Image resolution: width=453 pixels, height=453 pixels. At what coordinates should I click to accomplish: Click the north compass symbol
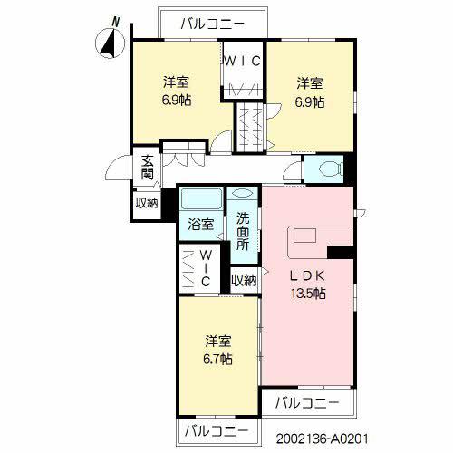110,43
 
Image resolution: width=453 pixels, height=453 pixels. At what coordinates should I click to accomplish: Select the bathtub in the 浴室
201,198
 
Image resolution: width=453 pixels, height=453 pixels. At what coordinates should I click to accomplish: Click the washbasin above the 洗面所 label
243,193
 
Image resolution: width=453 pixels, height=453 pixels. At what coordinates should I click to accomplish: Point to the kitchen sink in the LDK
304,236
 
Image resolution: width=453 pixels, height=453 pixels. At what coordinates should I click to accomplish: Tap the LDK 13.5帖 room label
308,284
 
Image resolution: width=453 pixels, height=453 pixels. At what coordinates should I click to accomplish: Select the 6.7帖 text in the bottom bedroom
217,360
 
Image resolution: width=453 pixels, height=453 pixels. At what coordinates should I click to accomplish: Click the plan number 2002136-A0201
323,439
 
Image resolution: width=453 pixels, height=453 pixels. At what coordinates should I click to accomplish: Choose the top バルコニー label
212,24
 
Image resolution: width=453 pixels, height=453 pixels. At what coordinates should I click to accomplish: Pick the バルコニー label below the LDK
307,403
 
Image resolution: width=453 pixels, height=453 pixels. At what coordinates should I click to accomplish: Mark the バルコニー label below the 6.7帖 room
217,431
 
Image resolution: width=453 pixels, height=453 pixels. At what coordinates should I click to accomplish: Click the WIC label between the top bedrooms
243,62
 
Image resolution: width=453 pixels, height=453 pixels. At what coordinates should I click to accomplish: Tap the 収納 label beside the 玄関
147,203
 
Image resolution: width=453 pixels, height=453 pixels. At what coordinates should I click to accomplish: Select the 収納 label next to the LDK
244,281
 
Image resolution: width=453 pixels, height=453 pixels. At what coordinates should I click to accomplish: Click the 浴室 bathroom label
201,225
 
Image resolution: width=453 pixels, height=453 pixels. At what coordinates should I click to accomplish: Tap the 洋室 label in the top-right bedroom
310,83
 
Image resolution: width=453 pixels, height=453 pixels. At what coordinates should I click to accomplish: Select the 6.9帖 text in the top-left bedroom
177,100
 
